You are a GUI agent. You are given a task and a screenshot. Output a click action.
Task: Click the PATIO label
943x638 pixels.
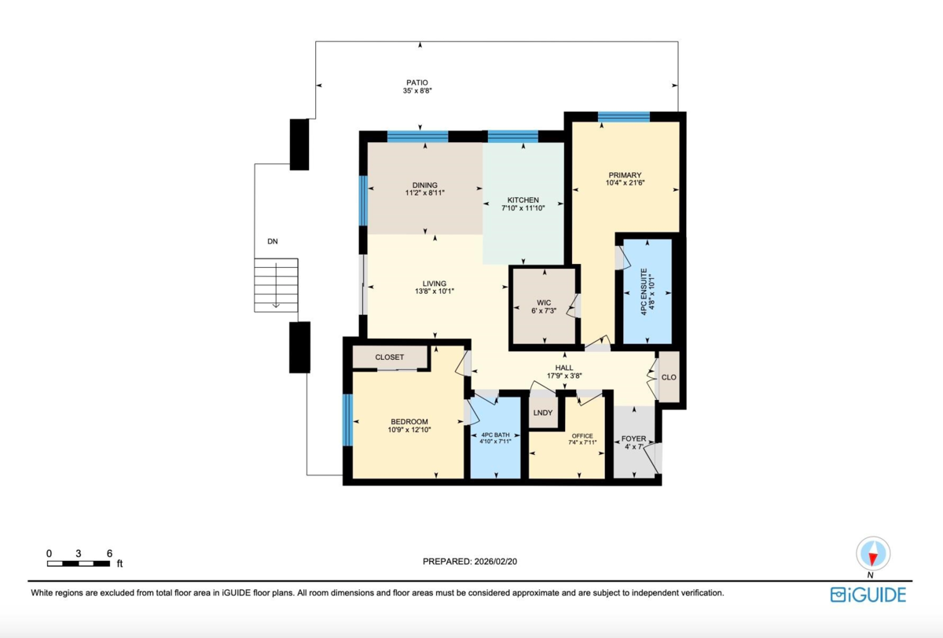pos(417,82)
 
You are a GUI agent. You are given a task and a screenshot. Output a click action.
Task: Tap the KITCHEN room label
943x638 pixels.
pos(523,200)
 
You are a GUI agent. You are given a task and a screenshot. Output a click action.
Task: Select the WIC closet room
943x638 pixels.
pos(544,306)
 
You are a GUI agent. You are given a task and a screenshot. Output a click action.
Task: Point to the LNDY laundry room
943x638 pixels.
pos(542,412)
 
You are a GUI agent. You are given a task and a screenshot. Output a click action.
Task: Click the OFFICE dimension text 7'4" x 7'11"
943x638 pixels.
pos(582,442)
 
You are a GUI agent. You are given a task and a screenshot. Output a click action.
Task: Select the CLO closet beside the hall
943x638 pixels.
pos(669,377)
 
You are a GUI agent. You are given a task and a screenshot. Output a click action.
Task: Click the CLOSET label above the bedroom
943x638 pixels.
pos(389,357)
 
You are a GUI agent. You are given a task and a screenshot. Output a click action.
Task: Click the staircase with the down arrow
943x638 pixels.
pos(276,284)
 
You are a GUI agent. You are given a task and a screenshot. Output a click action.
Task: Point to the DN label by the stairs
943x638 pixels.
pos(272,242)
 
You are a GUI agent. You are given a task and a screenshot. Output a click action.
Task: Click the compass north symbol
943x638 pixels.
pos(872,554)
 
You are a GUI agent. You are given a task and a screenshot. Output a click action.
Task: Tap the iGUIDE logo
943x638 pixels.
pos(868,595)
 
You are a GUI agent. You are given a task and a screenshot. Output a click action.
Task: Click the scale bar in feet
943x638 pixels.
pos(78,562)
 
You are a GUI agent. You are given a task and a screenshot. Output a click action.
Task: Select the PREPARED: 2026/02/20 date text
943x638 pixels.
pos(470,561)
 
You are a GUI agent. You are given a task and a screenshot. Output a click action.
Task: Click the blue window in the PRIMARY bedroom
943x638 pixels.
pos(623,117)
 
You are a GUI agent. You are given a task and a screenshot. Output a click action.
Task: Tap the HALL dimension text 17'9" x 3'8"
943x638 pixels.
pos(563,376)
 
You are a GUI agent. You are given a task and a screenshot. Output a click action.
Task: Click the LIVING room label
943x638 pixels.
pos(435,284)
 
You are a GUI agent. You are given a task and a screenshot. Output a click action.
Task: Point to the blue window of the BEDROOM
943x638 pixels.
pos(347,420)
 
